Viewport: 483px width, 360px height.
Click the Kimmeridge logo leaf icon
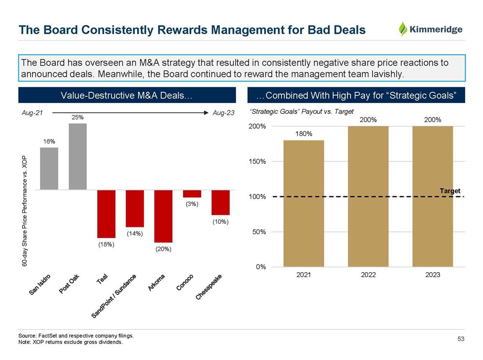click(403, 29)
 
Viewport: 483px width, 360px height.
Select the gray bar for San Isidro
click(49, 168)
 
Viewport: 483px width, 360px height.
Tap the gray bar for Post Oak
click(78, 156)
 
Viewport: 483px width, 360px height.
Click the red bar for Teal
click(106, 213)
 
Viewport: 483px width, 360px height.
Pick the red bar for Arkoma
click(163, 216)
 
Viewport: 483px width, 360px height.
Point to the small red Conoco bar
click(192, 194)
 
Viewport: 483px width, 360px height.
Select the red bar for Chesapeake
click(220, 202)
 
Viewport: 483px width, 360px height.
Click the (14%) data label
click(134, 234)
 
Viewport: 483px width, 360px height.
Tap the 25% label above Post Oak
click(77, 117)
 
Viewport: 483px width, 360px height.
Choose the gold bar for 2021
click(303, 203)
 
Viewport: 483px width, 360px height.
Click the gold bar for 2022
click(368, 196)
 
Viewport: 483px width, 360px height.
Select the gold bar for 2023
click(432, 196)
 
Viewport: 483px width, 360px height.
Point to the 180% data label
click(303, 133)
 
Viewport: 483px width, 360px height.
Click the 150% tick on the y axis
click(257, 162)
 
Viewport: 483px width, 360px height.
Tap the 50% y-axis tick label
click(259, 232)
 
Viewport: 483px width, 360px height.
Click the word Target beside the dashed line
click(450, 191)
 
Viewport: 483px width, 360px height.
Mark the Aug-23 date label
click(223, 112)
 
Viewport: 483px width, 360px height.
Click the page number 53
click(461, 339)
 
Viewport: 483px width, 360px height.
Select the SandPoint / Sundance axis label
click(114, 295)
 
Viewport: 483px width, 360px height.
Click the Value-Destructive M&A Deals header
click(127, 95)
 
